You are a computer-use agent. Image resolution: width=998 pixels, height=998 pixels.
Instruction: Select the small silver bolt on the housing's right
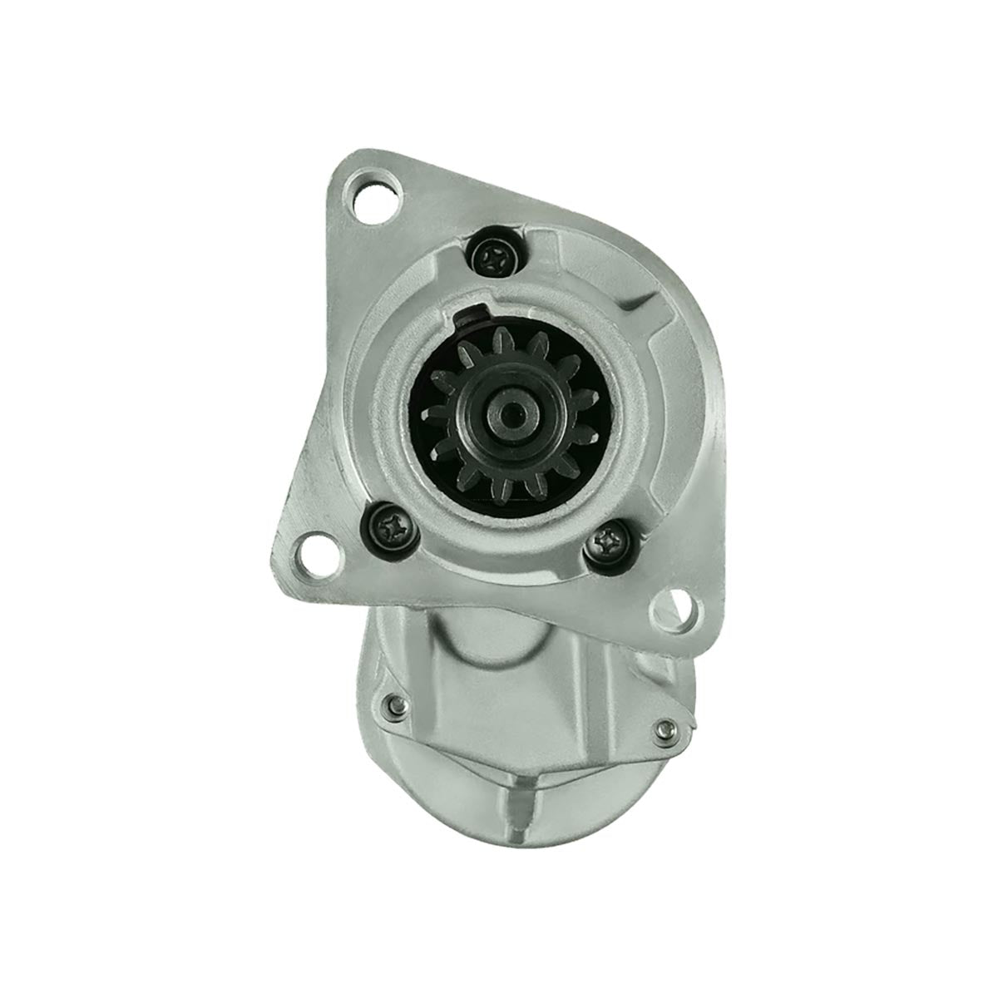pos(662,729)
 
